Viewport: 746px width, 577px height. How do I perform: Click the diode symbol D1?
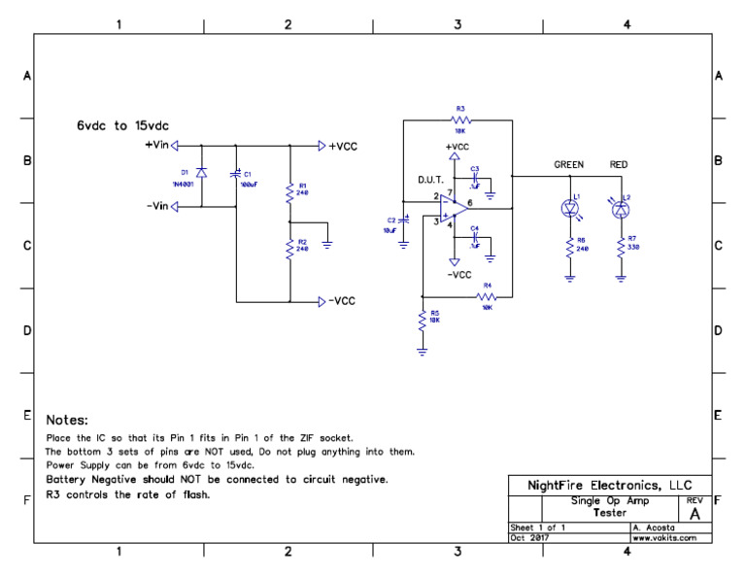pos(201,172)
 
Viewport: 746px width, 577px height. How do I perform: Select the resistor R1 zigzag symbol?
pos(289,193)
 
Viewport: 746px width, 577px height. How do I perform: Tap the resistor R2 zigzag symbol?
pos(289,251)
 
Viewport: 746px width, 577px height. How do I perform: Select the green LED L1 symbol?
pos(570,207)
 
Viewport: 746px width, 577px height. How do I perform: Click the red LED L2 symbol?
pos(620,207)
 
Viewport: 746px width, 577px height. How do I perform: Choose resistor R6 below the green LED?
pos(570,250)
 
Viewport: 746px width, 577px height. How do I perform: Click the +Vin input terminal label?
pos(156,146)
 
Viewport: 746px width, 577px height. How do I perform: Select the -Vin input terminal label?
pos(156,206)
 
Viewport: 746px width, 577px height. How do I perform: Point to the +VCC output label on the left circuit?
pos(343,146)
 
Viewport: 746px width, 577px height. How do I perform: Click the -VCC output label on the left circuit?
pos(342,301)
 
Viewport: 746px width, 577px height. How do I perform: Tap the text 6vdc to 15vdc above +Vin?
pos(125,126)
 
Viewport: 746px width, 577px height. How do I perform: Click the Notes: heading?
pos(67,421)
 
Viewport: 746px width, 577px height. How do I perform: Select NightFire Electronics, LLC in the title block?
pos(609,485)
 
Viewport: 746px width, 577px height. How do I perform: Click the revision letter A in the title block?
pos(695,513)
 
